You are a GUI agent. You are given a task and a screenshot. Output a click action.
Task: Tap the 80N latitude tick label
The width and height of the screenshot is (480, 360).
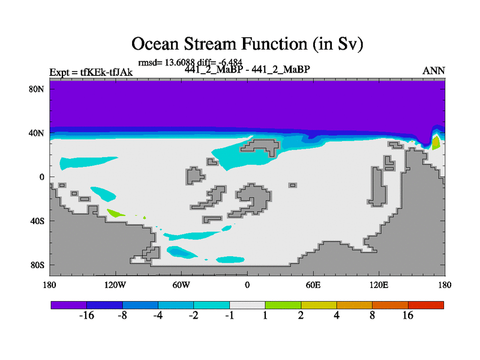tap(37, 89)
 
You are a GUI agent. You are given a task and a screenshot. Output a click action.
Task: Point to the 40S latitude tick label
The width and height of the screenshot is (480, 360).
tap(37, 221)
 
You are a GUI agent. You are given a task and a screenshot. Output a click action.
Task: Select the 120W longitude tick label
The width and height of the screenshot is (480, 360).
tap(115, 286)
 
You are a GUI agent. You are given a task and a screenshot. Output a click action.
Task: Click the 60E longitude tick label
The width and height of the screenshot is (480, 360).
tap(313, 286)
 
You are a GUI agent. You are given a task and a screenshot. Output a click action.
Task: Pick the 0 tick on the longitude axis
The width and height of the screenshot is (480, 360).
tap(247, 286)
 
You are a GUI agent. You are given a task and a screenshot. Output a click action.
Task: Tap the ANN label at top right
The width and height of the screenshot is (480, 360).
tap(433, 71)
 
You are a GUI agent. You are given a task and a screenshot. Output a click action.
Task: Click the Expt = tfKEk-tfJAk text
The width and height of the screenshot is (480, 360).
tap(91, 73)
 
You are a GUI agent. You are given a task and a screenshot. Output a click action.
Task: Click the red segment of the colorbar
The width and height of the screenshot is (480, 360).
tap(426, 305)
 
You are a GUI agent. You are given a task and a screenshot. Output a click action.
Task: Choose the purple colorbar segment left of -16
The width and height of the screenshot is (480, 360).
tap(69, 305)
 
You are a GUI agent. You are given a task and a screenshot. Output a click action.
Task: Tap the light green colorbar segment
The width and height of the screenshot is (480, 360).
tap(283, 305)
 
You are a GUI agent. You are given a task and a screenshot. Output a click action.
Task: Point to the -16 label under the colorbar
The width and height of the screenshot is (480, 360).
tap(86, 316)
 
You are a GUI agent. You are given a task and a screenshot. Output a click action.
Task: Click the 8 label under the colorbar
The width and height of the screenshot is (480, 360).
tap(372, 316)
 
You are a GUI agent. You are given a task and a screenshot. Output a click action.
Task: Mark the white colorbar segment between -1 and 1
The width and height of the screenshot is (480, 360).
tap(247, 305)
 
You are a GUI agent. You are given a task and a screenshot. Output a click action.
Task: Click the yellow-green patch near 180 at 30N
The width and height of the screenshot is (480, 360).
tap(436, 143)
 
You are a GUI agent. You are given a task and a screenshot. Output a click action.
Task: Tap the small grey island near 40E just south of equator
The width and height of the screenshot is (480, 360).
tap(293, 185)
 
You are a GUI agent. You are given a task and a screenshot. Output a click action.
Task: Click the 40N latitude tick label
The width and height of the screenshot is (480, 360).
tap(37, 133)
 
